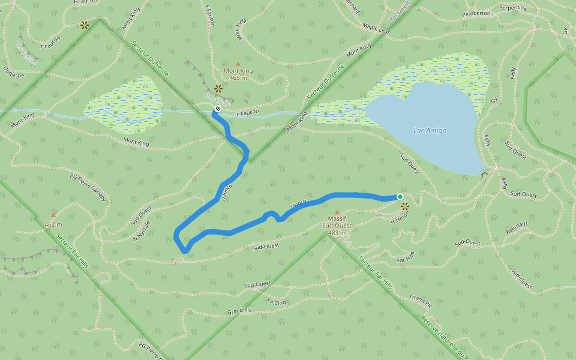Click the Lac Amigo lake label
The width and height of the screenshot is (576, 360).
click(x=430, y=131)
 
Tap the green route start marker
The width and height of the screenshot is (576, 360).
click(x=400, y=197)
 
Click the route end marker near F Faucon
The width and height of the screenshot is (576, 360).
click(x=217, y=109)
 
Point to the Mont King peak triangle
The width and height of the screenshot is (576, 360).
click(x=238, y=64)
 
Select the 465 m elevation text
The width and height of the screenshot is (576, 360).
click(x=238, y=78)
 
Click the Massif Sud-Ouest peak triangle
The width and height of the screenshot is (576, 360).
click(x=337, y=212)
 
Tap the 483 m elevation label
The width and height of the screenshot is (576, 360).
click(x=336, y=233)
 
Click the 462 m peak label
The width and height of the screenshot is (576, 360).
click(x=53, y=224)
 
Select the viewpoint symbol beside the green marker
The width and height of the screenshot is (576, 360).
click(x=405, y=206)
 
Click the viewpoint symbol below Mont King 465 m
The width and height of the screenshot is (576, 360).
click(x=218, y=88)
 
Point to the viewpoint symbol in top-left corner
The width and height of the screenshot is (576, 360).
click(x=84, y=25)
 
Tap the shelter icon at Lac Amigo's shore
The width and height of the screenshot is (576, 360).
click(x=484, y=174)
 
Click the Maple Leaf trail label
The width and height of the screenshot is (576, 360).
click(x=377, y=28)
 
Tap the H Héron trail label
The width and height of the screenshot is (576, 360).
click(x=400, y=221)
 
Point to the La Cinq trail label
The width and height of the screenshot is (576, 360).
click(x=277, y=302)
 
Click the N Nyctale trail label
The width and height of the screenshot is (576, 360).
click(x=141, y=229)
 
